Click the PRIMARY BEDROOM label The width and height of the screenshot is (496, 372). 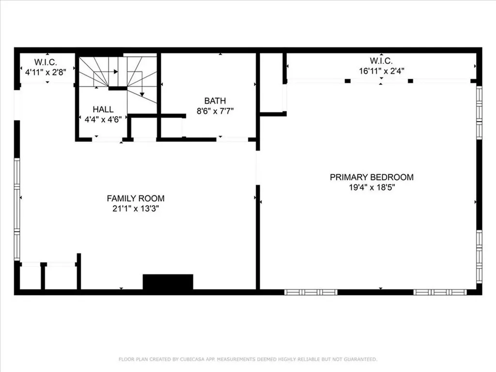[x=372, y=177]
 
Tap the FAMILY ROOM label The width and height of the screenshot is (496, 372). [x=136, y=198]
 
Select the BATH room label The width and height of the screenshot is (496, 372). [x=215, y=101]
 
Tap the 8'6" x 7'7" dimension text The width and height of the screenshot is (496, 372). [x=215, y=111]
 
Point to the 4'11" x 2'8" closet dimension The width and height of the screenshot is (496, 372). [x=46, y=72]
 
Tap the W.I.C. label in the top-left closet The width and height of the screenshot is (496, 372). [x=46, y=62]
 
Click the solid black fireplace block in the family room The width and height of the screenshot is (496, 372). [x=168, y=282]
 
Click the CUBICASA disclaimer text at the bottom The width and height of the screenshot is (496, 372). [x=248, y=359]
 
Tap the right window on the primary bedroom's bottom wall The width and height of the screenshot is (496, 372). [x=440, y=292]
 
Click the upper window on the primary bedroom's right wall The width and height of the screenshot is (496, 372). [x=479, y=112]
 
